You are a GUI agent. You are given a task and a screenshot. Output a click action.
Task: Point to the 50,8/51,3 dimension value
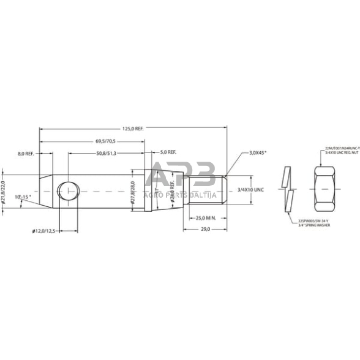tap(107, 152)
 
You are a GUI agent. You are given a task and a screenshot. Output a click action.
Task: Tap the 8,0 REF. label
tap(28, 152)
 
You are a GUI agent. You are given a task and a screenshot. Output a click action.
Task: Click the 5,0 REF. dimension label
tap(168, 152)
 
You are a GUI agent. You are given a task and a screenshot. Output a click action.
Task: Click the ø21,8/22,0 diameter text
tap(4, 191)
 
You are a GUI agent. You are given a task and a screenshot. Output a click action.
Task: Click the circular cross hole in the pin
tap(69, 191)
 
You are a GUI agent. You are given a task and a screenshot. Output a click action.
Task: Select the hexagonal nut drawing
tap(324, 191)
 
